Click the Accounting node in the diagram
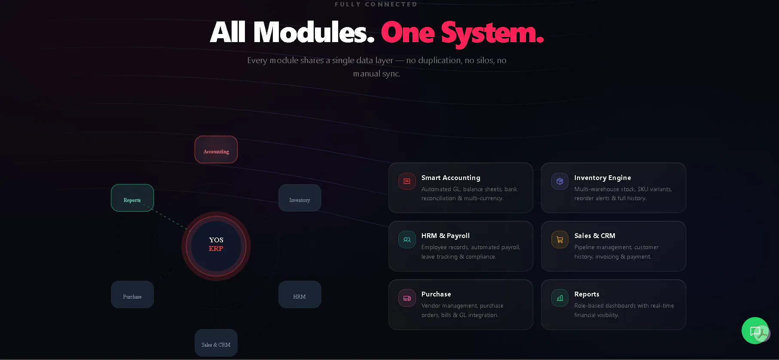tap(216, 149)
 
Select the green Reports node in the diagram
tap(132, 198)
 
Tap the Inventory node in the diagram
tap(300, 198)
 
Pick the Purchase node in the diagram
tap(132, 294)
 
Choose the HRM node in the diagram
tap(300, 294)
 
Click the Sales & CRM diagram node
tap(216, 343)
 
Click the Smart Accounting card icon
tap(407, 181)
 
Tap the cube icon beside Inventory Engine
tap(560, 181)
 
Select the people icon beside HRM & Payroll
tap(407, 240)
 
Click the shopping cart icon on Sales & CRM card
tap(560, 240)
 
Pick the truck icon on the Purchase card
tap(407, 298)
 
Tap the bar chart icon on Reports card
tap(560, 298)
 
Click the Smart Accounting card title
tap(451, 178)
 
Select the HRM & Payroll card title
tap(446, 236)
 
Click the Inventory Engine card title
tap(602, 178)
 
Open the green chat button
tap(755, 330)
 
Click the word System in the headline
tap(492, 33)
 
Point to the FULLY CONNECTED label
tap(376, 4)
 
